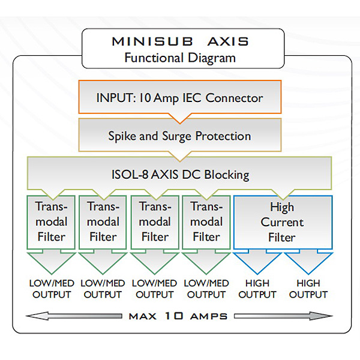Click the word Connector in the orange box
[235, 97]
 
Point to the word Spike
[122, 136]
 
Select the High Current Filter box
[282, 222]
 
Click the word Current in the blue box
[282, 222]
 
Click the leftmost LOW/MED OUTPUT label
[52, 289]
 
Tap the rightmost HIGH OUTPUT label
[308, 289]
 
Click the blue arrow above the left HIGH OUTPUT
[257, 261]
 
